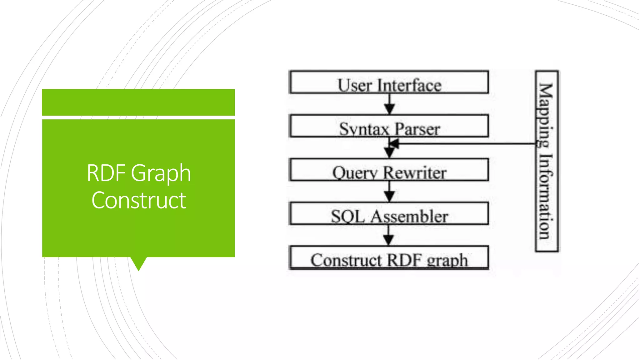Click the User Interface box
389,82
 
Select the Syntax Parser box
389,126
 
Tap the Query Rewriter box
389,170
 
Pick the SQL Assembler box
389,213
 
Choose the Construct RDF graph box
389,258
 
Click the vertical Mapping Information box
547,161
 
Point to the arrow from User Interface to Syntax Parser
389,104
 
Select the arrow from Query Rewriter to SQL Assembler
389,192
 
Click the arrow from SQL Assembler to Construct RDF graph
388,236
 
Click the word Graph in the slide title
161,173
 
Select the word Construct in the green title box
139,200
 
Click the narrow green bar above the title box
138,102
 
